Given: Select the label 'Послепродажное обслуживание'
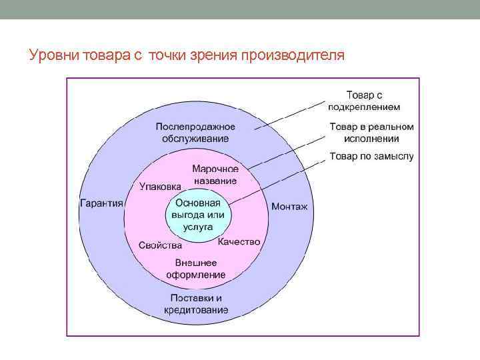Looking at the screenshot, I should point(195,132).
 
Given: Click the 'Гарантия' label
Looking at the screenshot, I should point(101,203).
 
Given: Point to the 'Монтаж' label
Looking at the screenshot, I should point(289,207).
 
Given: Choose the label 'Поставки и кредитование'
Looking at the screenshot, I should point(196,303).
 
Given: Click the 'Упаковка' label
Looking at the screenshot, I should point(161,187).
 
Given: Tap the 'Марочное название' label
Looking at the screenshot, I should point(215,175).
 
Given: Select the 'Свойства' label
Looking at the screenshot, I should point(160,245).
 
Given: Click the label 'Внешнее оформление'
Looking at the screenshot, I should point(196,268).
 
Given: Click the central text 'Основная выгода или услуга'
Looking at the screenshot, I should point(197,215).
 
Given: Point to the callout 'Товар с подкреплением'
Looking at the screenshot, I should point(364,101).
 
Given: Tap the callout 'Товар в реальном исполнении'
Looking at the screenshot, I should point(371,133).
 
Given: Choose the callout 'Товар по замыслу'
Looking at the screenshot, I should point(371,157).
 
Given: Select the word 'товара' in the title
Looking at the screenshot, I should point(110,55).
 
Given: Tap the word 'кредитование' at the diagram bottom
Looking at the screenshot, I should point(196,310).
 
